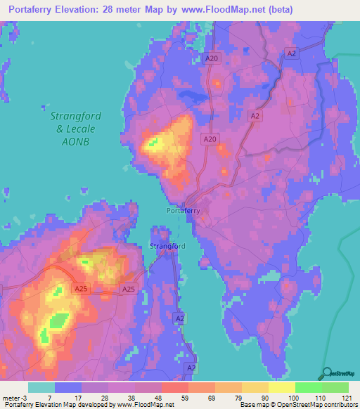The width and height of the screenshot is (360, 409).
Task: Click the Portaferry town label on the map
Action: point(183,210)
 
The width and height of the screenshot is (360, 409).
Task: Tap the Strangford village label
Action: point(167,246)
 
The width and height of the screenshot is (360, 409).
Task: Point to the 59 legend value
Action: point(174,398)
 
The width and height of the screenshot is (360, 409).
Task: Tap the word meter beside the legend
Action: point(9,398)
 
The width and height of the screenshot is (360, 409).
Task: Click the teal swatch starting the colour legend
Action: point(41,387)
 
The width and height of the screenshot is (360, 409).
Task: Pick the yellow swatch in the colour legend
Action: point(281,387)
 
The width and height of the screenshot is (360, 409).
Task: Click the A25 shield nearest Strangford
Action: point(128,289)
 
